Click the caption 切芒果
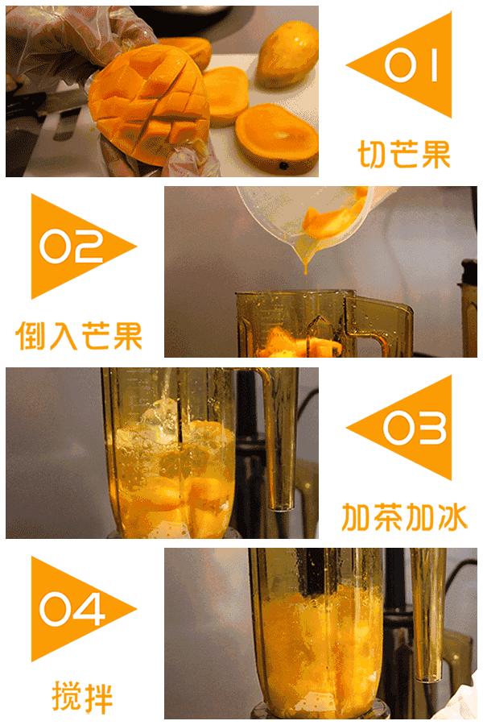coord(403,153)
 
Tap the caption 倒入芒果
coord(79,335)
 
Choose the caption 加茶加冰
coord(403,516)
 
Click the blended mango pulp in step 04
coord(322,644)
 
